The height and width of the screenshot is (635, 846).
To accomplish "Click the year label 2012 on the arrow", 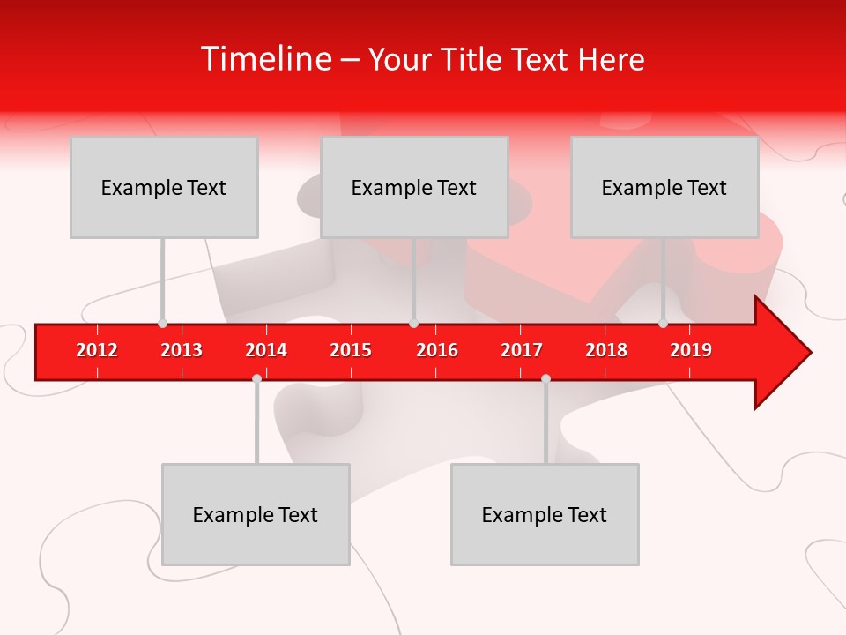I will pos(97,350).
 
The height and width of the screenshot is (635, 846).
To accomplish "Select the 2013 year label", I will pos(182,350).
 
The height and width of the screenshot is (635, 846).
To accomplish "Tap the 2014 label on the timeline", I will pos(266,350).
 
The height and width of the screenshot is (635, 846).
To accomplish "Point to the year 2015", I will pos(351,350).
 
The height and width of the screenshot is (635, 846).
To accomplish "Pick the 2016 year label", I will pos(437,350).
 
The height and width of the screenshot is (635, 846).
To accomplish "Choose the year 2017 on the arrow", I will pos(522,350).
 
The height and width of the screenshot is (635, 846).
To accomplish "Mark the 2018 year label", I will pos(606,350).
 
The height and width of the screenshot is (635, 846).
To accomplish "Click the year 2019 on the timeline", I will pos(691,350).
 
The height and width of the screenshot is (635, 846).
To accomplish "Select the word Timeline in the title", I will pos(265,59).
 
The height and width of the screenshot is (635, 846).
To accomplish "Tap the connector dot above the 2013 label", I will pos(162,324).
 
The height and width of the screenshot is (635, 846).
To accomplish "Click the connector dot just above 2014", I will pos(256,378).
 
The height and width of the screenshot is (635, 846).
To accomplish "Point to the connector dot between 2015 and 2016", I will pos(413,324).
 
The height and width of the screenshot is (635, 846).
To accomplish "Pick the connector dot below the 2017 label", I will pos(545,378).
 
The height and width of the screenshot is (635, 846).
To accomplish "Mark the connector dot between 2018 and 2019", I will pos(663,324).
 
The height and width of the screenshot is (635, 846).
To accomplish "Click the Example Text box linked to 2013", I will pos(164,187).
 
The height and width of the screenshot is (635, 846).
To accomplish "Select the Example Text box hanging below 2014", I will pos(256,514).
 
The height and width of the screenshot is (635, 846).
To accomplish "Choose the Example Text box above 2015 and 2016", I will pos(414,187).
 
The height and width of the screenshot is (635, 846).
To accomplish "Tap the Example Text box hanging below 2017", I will pos(545,514).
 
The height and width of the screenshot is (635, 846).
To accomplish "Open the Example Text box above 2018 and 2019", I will pos(664,187).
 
